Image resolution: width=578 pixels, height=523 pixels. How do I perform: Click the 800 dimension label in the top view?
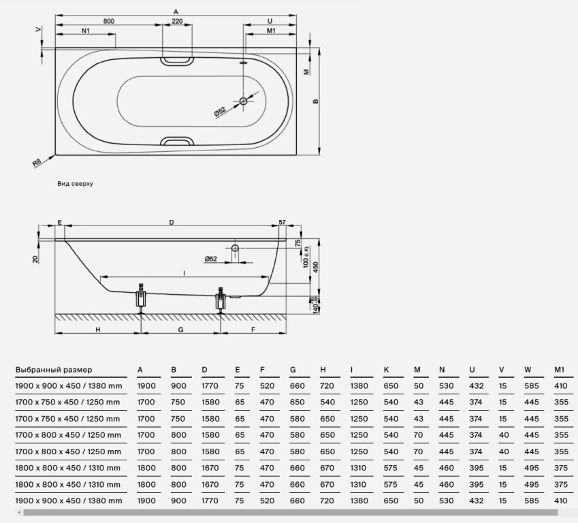coord(109,21)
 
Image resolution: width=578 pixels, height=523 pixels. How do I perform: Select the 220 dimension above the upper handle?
coord(177,21)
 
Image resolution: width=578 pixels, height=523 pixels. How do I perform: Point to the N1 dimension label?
coord(86,31)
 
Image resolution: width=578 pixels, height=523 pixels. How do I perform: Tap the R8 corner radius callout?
coord(37,162)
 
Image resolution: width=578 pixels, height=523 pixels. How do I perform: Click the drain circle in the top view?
coord(243,101)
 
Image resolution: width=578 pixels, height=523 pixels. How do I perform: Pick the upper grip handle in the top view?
coord(177,61)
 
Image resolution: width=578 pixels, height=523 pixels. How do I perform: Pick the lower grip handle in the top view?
coord(177,141)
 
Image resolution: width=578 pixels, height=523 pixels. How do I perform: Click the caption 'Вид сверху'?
coord(75,184)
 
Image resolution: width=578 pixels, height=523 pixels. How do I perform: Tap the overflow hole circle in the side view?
coord(235,248)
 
